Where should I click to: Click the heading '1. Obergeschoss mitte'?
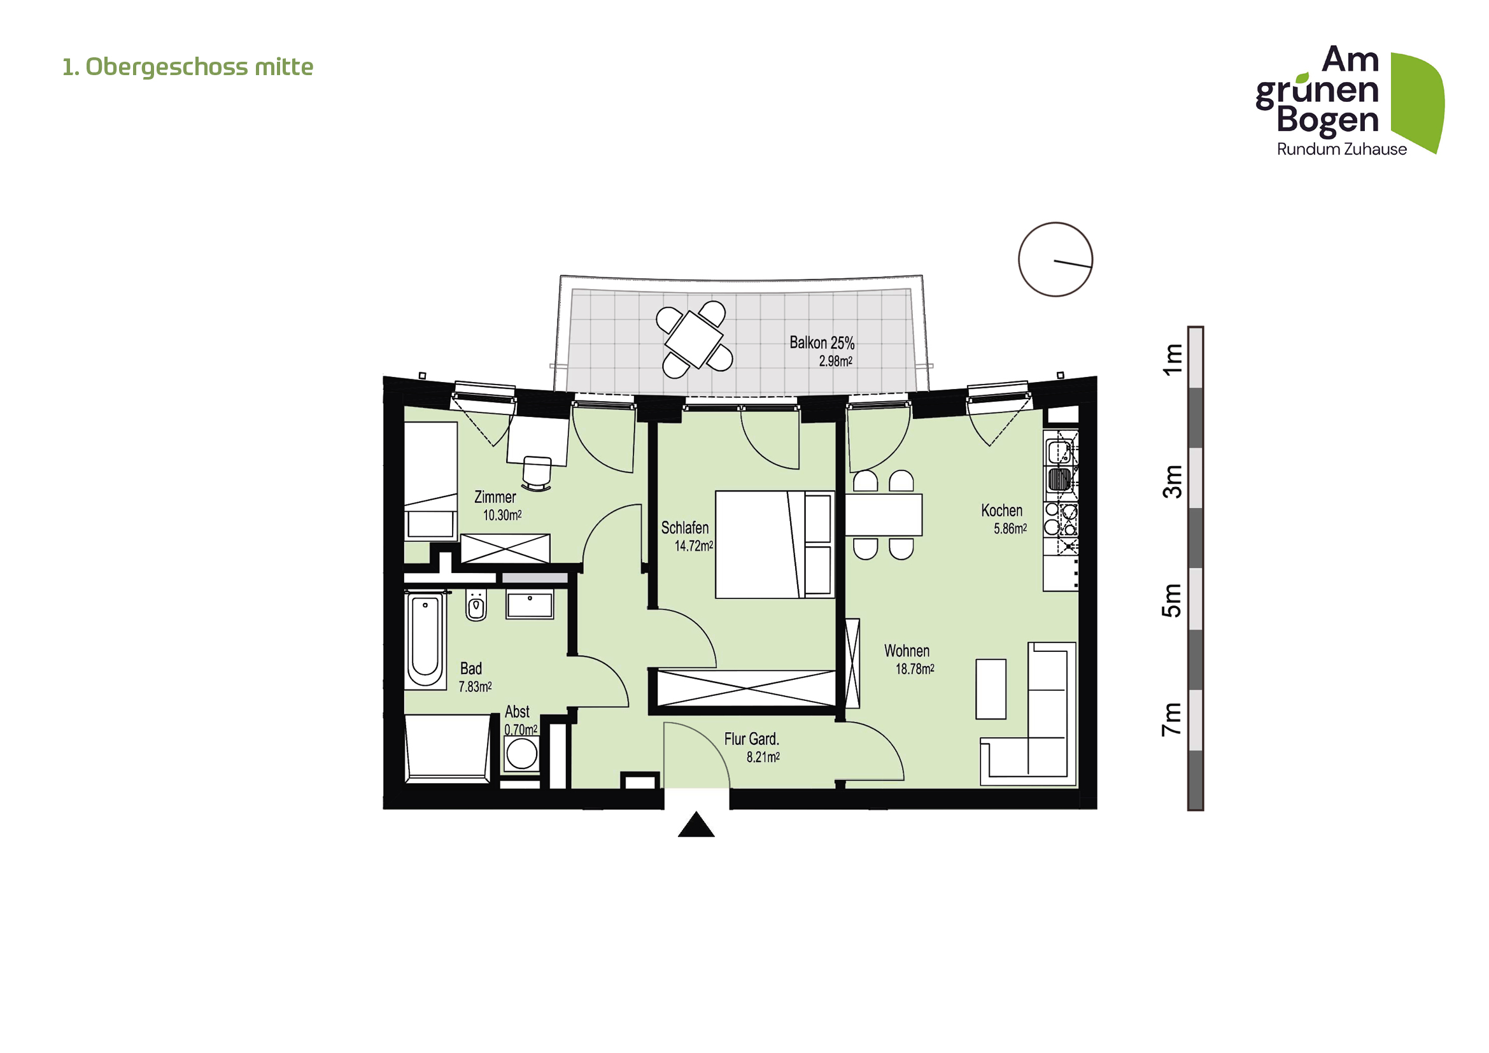pos(187,67)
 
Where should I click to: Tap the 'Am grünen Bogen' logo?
pos(1349,101)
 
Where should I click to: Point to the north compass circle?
pos(1055,259)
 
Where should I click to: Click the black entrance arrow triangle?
pos(696,826)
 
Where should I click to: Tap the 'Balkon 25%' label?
pos(822,343)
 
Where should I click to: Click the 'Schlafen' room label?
pos(685,528)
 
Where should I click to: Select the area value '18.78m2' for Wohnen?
pos(914,669)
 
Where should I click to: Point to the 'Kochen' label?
pos(1001,511)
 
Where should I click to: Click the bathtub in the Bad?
pos(425,640)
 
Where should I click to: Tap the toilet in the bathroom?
pos(476,605)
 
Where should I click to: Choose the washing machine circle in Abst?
pos(521,754)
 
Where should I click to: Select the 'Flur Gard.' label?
pos(751,739)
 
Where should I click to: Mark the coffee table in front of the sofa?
pos(991,689)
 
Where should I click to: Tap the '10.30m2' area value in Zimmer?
pos(502,516)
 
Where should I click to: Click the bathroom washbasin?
pos(530,604)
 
